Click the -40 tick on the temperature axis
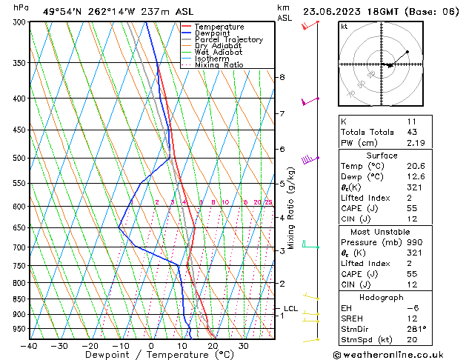(30, 346)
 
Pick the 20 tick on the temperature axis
(213, 346)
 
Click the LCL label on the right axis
(290, 308)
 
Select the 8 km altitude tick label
(282, 77)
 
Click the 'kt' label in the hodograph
(344, 26)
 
